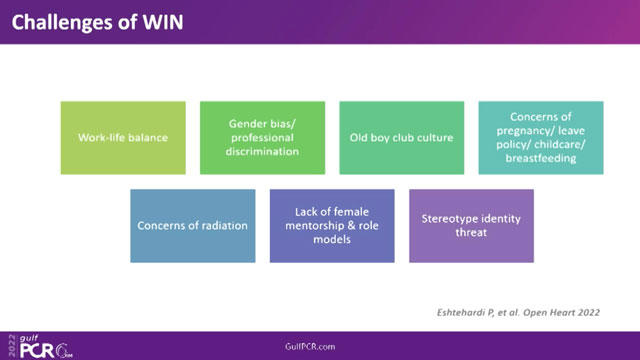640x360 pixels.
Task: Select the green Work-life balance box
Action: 123,137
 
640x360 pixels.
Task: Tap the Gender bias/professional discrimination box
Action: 262,137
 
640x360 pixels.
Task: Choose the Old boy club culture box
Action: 401,137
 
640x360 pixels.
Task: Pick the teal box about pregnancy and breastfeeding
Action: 540,137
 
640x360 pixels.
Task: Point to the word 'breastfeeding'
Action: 540,158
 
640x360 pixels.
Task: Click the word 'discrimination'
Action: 262,152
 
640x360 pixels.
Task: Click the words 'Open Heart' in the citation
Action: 573,312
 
